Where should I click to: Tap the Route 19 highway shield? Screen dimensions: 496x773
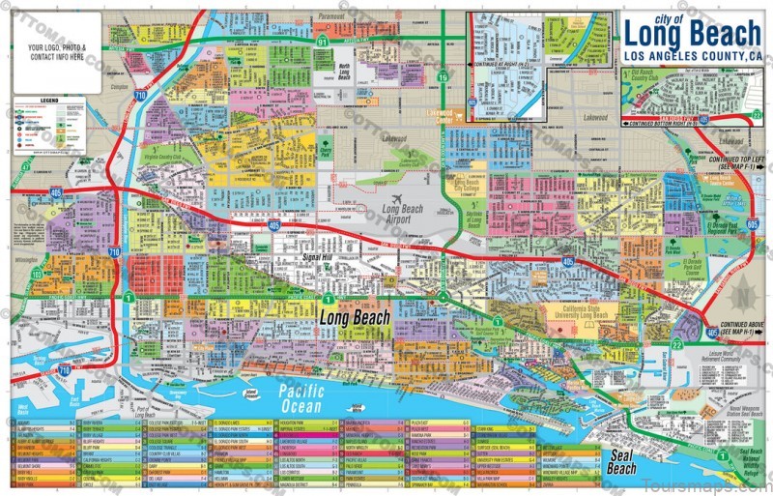(443, 76)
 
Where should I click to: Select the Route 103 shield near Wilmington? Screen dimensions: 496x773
(37, 276)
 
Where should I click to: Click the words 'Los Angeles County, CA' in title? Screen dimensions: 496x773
(694, 55)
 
